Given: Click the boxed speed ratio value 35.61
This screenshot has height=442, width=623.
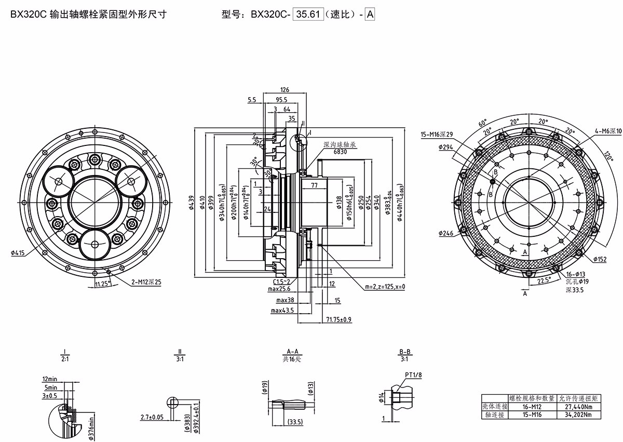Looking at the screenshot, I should click(309, 15).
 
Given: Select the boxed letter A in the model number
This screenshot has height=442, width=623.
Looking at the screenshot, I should click(370, 15).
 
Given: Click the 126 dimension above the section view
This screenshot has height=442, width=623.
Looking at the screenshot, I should click(284, 89).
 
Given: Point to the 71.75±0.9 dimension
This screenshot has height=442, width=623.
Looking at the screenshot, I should click(339, 319).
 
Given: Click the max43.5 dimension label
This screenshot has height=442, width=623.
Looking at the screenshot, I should click(282, 310).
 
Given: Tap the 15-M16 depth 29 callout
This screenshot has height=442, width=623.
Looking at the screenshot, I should click(437, 135).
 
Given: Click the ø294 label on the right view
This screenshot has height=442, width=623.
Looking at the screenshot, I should click(446, 148).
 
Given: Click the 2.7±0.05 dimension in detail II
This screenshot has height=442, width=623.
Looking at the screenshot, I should click(153, 417).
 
